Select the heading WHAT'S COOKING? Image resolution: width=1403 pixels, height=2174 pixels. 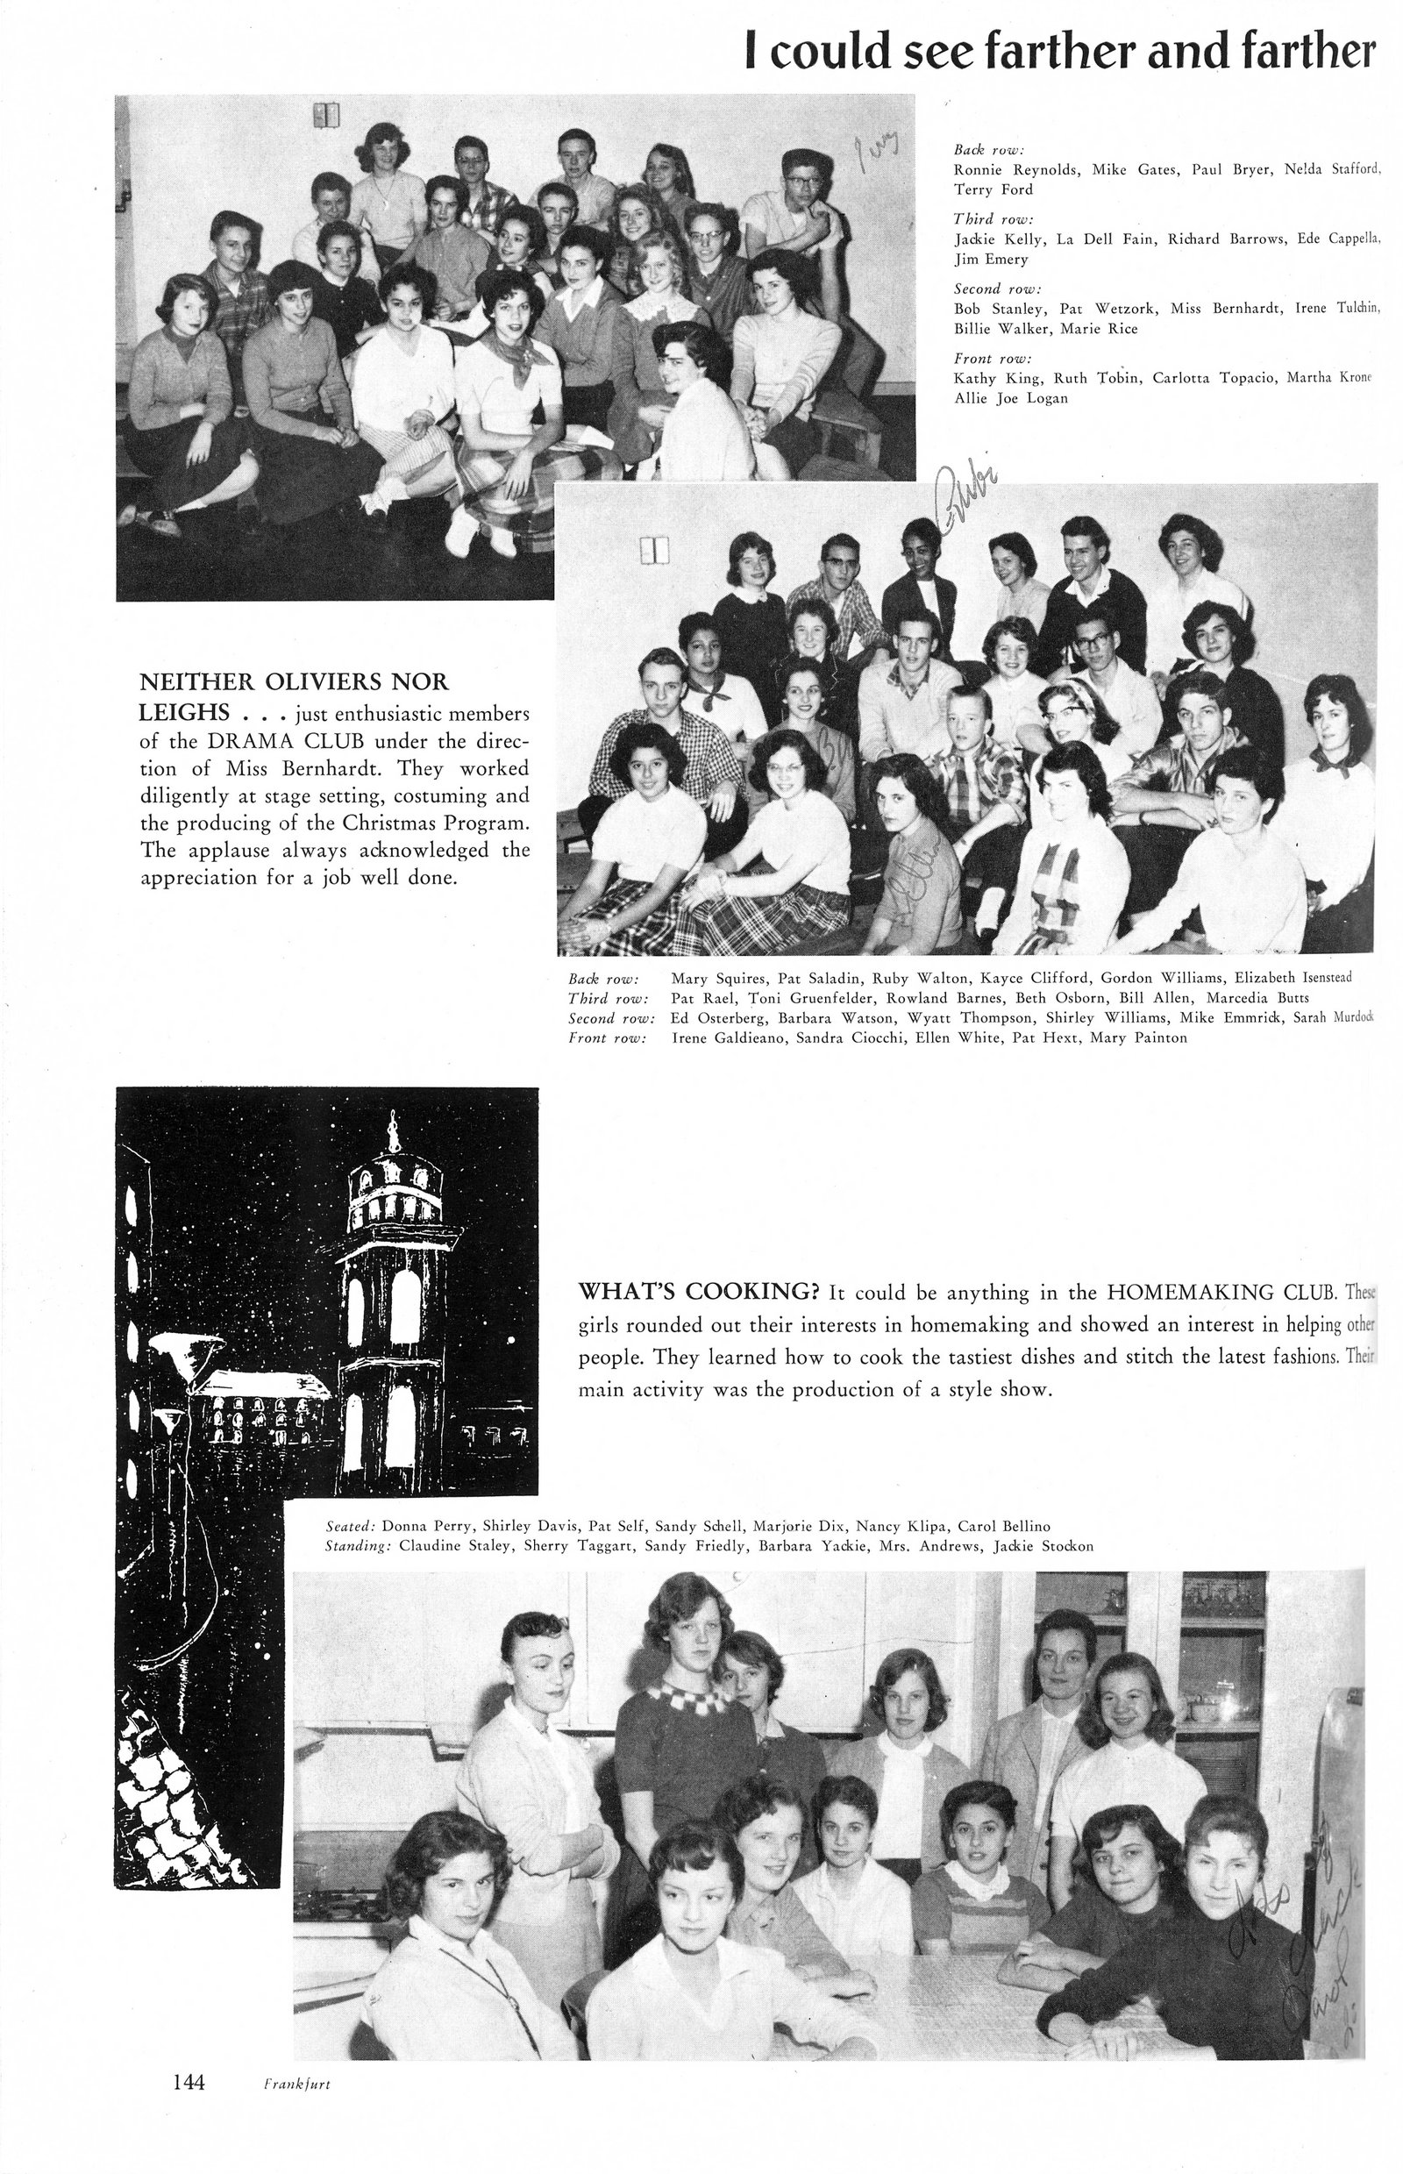699,1292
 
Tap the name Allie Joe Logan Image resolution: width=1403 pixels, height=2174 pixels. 1011,398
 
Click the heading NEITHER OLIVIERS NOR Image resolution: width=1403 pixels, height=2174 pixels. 294,682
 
